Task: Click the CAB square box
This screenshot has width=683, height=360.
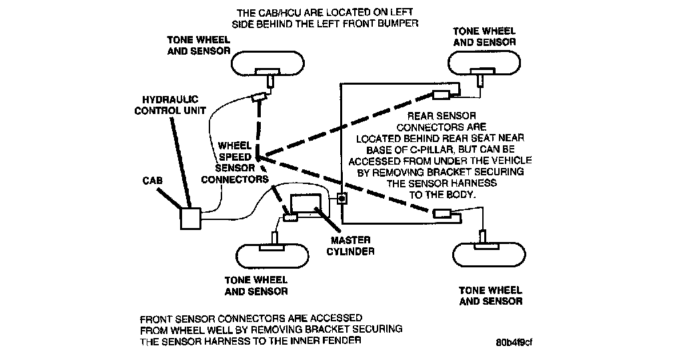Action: coord(190,218)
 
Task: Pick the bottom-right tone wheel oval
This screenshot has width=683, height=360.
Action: coord(486,255)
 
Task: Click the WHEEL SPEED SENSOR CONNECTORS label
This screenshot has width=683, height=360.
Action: coord(234,162)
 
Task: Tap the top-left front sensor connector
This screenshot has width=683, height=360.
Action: coord(258,99)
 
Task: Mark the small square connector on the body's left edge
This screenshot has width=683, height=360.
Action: coord(341,199)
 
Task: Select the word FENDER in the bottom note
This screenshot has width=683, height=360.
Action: coord(344,341)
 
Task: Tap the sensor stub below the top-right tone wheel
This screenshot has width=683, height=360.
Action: coord(480,80)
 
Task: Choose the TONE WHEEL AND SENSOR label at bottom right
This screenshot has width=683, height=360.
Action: coord(491,296)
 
